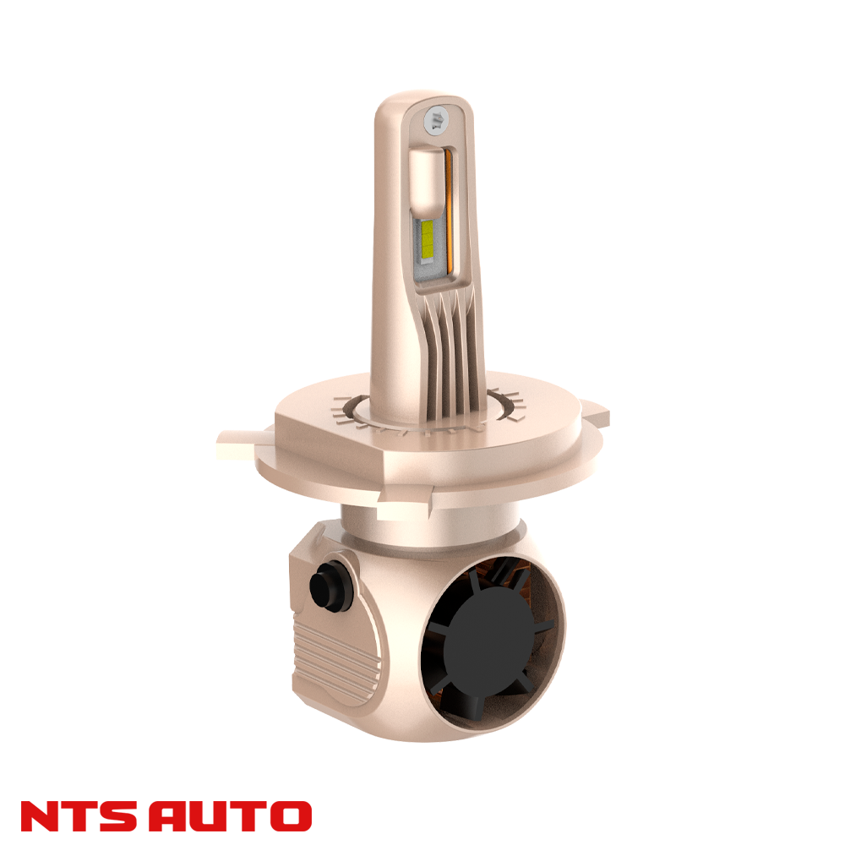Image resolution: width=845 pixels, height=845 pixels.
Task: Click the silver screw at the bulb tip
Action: (438, 119)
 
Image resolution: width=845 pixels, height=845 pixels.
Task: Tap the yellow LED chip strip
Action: (428, 238)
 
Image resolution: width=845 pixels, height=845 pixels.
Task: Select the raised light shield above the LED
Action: (430, 182)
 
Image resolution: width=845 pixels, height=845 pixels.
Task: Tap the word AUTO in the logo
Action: (237, 816)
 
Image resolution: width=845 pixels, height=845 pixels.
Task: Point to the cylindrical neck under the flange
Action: (422, 528)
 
